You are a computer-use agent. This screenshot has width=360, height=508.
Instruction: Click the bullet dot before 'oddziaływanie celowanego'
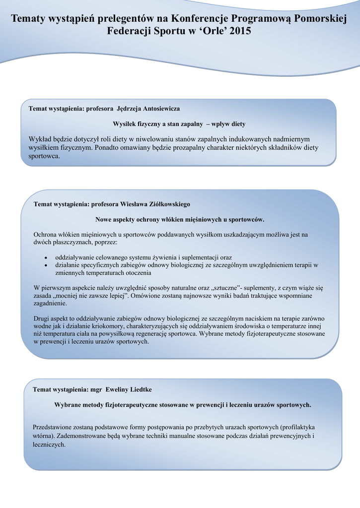46,258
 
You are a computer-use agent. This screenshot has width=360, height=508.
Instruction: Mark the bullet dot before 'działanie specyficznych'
46,265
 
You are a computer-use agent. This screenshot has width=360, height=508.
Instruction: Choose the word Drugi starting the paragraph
42,319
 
